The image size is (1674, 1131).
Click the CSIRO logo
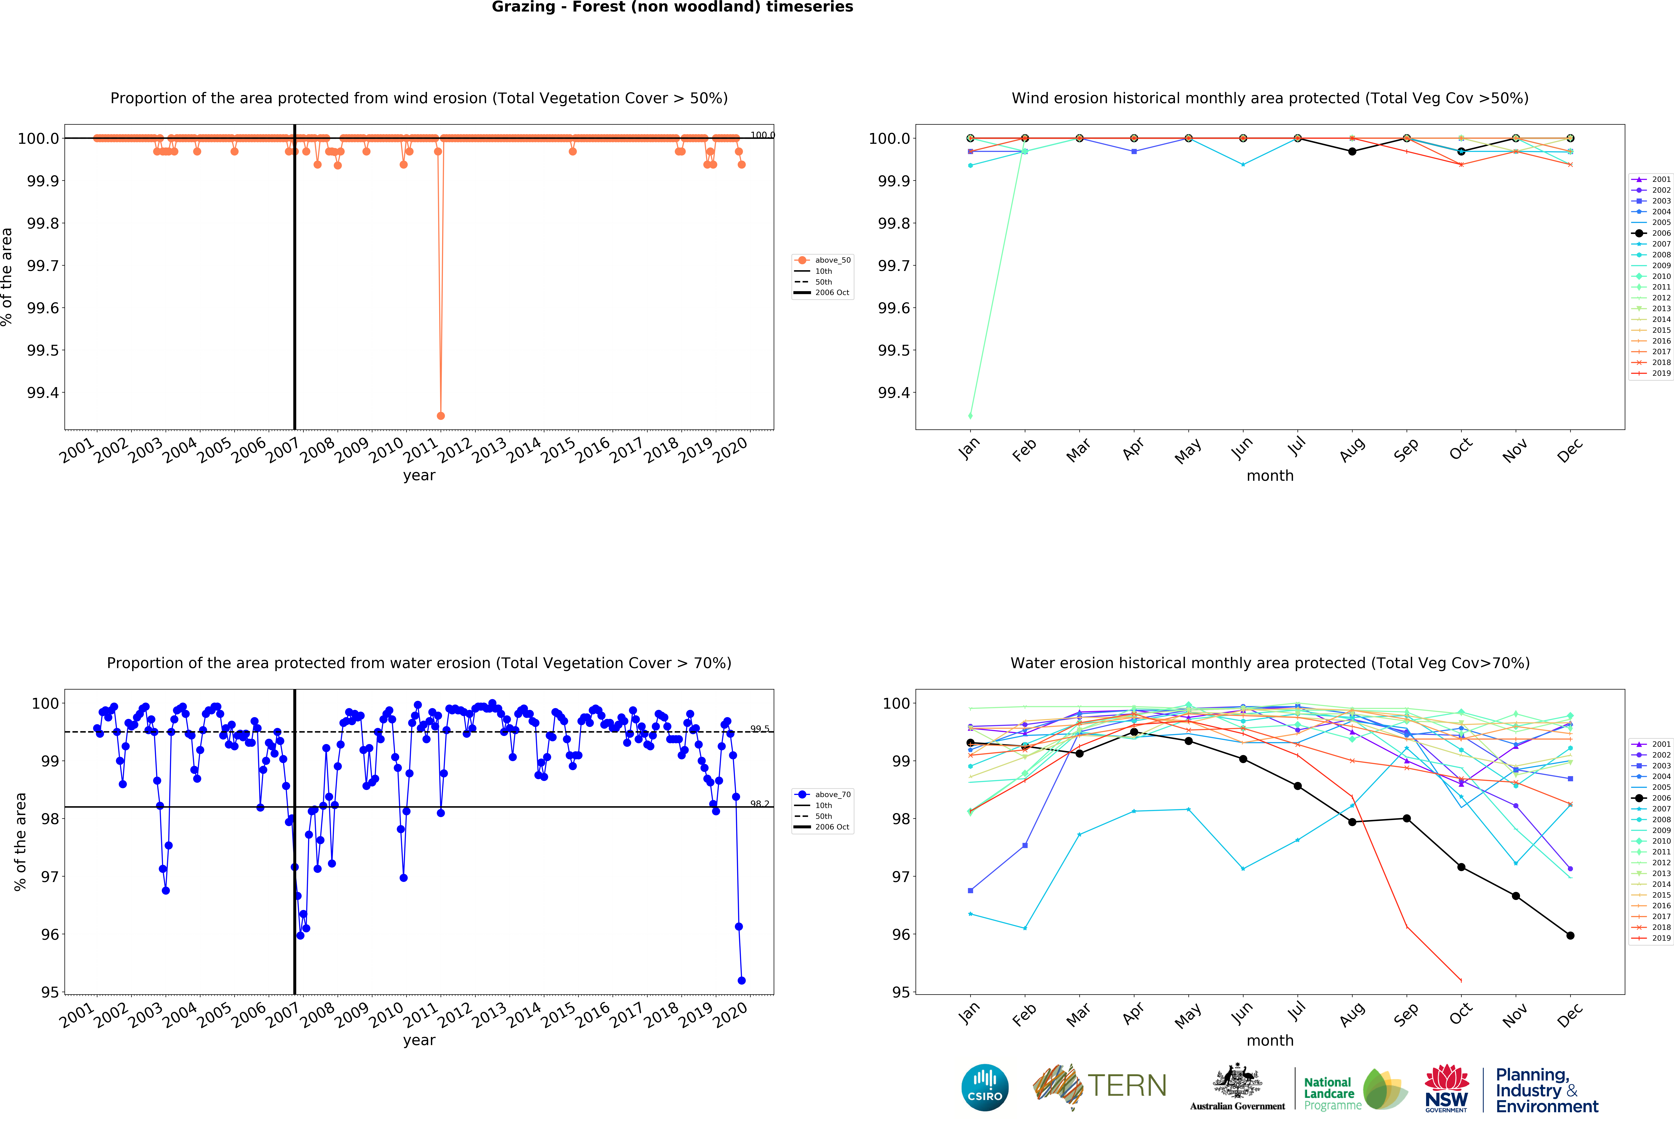click(x=985, y=1087)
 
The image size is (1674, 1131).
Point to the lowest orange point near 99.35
click(x=441, y=416)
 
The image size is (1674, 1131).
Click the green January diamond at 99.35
click(x=970, y=416)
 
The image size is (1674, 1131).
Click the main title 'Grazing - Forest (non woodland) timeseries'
click(x=672, y=7)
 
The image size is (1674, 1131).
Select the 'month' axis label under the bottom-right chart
click(x=1270, y=1040)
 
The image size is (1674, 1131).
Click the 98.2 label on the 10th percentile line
click(x=760, y=803)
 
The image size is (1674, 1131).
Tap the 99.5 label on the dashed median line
click(x=760, y=728)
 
